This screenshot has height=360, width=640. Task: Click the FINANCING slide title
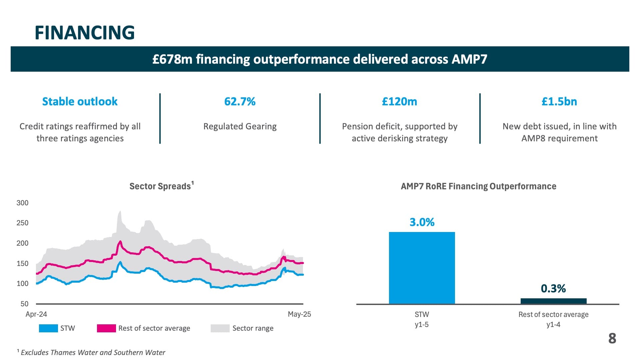pyautogui.click(x=85, y=33)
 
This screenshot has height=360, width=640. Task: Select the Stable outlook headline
pyautogui.click(x=80, y=101)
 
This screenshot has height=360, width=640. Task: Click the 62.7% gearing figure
pyautogui.click(x=240, y=101)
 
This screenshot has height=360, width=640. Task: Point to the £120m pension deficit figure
pyautogui.click(x=399, y=101)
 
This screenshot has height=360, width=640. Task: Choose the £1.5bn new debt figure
pyautogui.click(x=559, y=101)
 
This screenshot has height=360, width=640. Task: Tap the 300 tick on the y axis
pyautogui.click(x=22, y=203)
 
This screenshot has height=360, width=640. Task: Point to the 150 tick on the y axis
pyautogui.click(x=22, y=263)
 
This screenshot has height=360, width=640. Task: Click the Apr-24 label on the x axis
pyautogui.click(x=36, y=314)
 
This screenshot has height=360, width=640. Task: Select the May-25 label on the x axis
pyautogui.click(x=299, y=314)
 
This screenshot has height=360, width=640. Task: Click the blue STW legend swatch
pyautogui.click(x=48, y=328)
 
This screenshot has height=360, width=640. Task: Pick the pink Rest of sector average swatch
pyautogui.click(x=106, y=328)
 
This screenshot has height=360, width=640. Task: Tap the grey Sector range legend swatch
pyautogui.click(x=220, y=328)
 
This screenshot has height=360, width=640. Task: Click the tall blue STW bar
pyautogui.click(x=422, y=268)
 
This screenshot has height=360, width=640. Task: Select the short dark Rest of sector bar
pyautogui.click(x=553, y=301)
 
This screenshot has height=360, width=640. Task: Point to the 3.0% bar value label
pyautogui.click(x=422, y=222)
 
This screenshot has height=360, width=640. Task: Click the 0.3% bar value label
pyautogui.click(x=553, y=289)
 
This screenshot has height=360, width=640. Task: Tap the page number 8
pyautogui.click(x=612, y=339)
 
